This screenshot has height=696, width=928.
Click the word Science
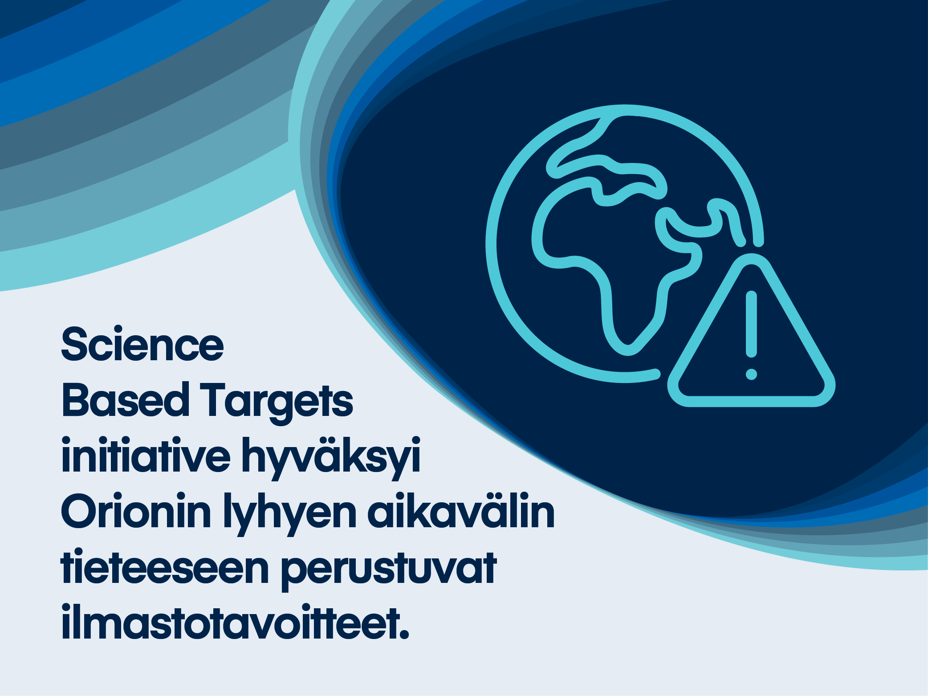[142, 345]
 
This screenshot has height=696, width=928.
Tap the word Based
[125, 400]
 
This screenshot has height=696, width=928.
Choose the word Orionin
[136, 512]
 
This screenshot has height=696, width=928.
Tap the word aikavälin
[461, 512]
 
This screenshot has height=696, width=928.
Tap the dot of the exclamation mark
[751, 374]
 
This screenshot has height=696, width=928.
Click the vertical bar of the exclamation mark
[751, 324]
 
